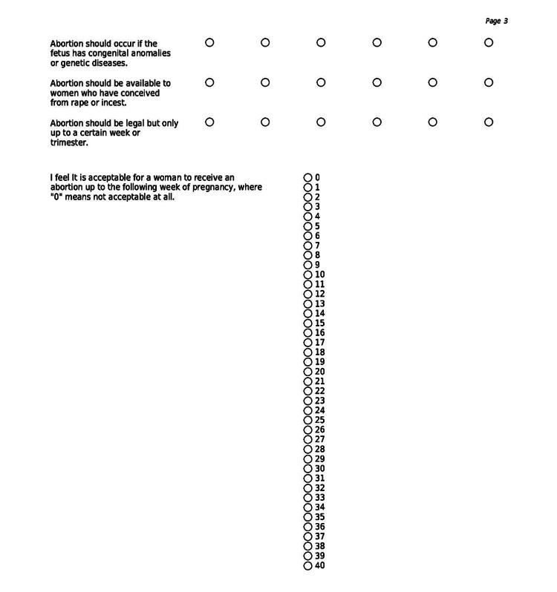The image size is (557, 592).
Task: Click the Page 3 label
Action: pos(496,22)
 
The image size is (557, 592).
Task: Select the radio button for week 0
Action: pos(307,178)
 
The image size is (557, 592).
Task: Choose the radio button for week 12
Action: pos(307,295)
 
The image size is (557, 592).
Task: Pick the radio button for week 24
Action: pos(307,411)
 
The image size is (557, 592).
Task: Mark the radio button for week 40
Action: pos(307,566)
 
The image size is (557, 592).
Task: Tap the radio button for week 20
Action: pos(307,372)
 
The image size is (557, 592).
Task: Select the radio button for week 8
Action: pos(307,255)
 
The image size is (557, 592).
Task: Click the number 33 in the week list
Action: pos(320,498)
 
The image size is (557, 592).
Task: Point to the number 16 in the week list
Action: pos(320,333)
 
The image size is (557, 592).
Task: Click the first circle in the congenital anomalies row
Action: pos(209,43)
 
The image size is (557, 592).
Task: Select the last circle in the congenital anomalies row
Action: pos(489,43)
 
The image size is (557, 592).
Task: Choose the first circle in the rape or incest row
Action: pos(209,82)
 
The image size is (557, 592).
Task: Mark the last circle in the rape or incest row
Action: pos(489,82)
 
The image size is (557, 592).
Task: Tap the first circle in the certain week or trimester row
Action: pos(209,122)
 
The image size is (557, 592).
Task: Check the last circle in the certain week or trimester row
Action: pos(489,122)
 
